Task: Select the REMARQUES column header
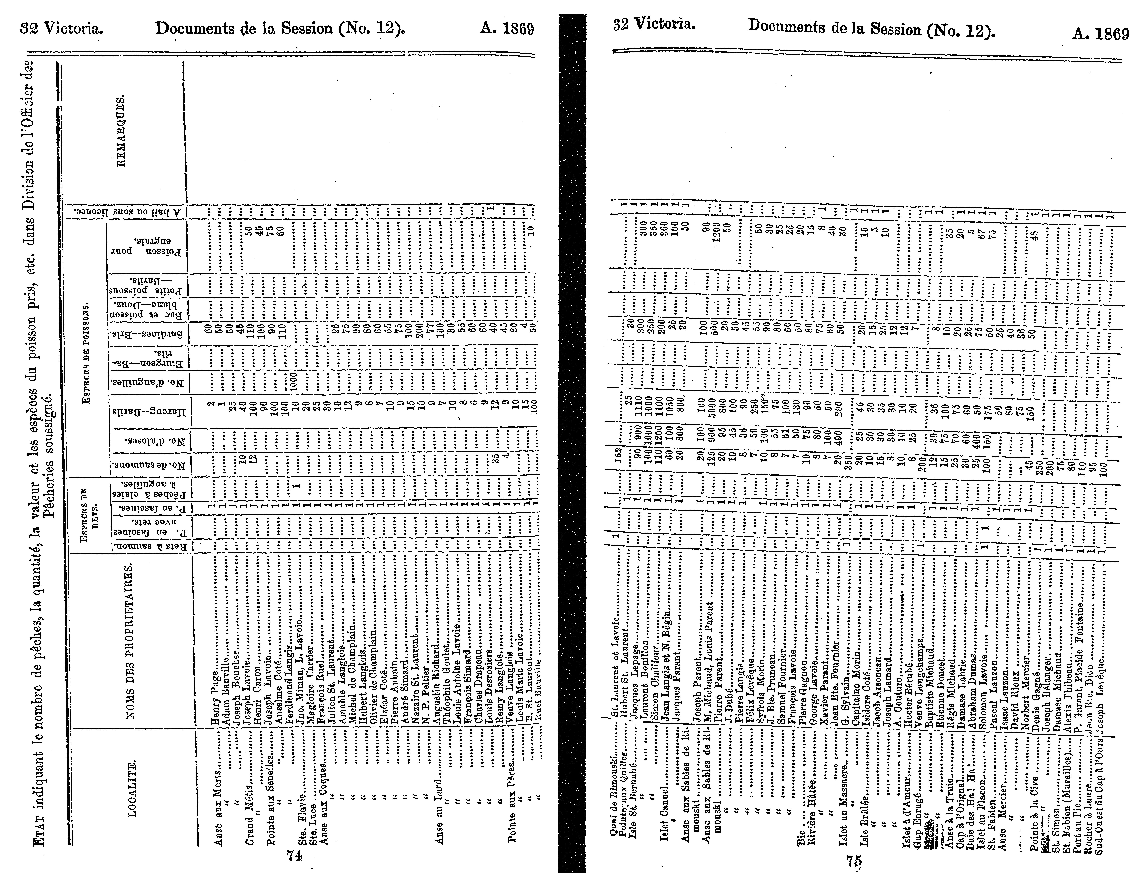pyautogui.click(x=121, y=131)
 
